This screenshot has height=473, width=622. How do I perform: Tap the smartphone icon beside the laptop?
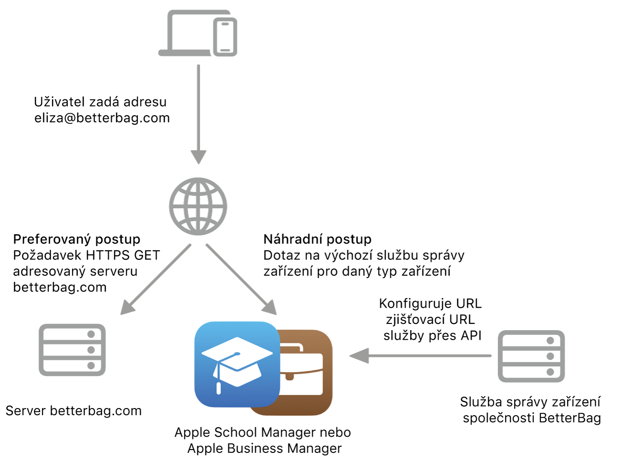225,37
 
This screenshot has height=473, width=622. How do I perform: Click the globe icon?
198,206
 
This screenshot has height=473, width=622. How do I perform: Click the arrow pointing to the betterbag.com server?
156,280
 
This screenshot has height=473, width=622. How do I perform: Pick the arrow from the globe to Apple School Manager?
241,279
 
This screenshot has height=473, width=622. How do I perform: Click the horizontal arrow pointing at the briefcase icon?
420,355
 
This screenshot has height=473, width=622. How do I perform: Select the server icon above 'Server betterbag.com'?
72,350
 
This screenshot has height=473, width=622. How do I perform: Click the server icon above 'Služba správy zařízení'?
531,356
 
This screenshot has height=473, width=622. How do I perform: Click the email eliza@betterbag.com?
102,118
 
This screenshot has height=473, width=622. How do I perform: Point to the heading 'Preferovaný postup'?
77,239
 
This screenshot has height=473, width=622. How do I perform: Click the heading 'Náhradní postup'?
317,239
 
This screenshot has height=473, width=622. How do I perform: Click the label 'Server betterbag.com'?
74,411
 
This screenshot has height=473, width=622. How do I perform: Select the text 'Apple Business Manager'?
264,449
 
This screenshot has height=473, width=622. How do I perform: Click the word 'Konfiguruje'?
416,303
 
